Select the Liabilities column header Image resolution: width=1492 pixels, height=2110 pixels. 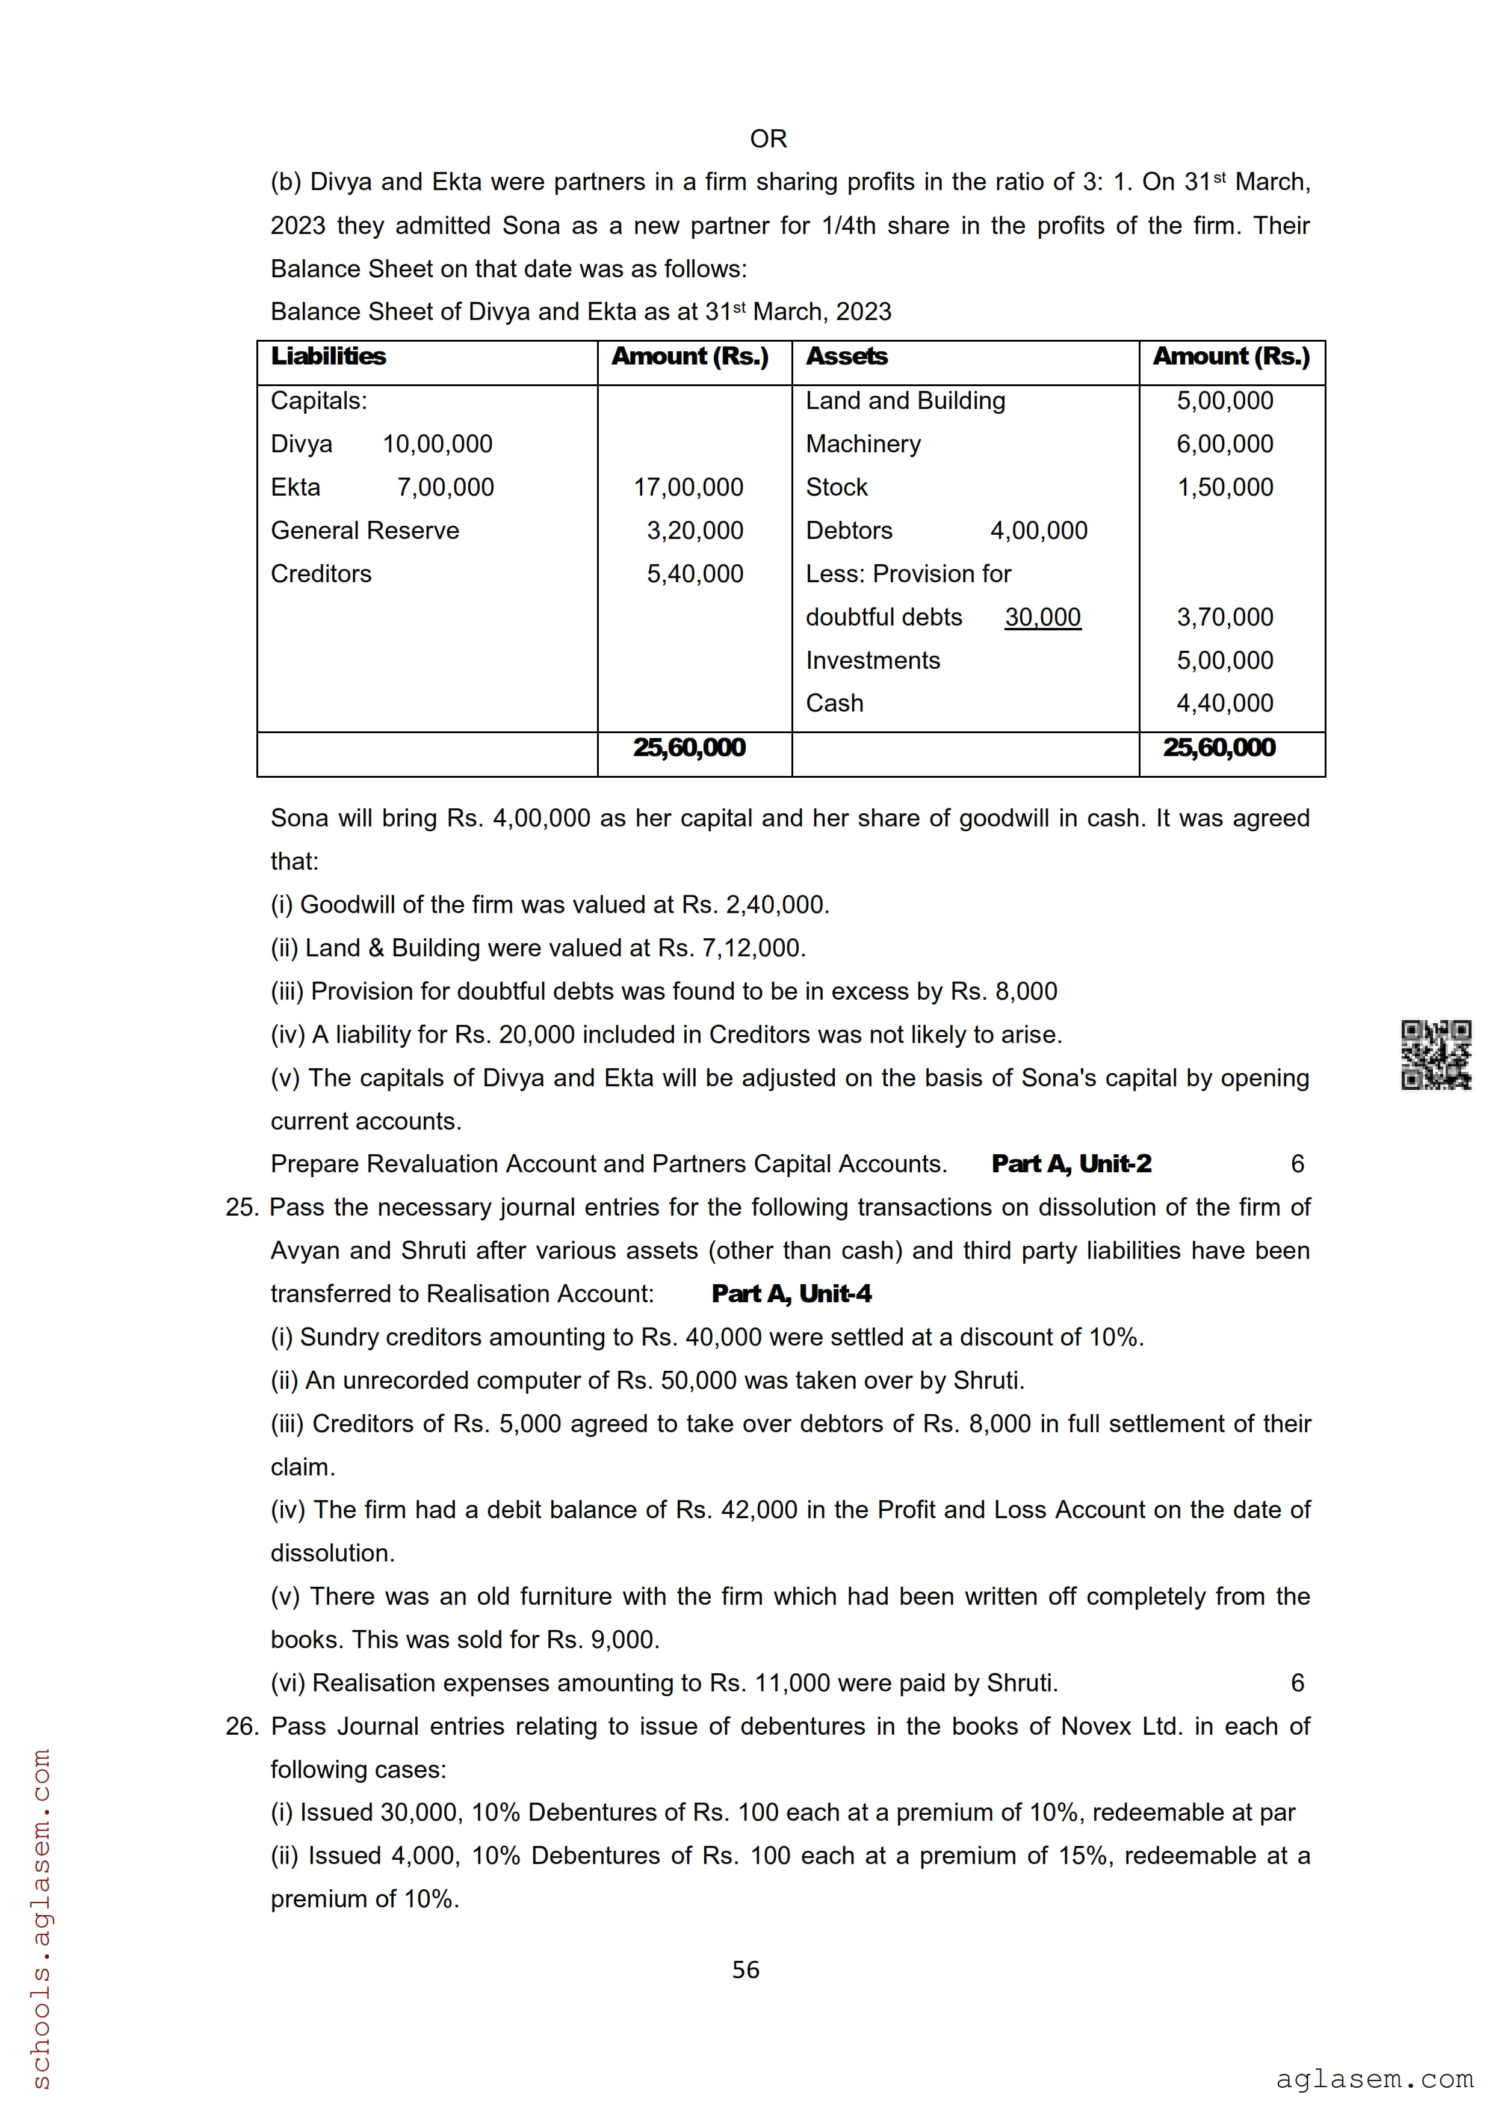[x=328, y=357]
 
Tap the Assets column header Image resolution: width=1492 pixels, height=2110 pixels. [x=847, y=357]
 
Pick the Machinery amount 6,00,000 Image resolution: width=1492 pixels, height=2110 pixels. [x=1225, y=444]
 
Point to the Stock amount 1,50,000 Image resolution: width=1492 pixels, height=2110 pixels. [x=1225, y=487]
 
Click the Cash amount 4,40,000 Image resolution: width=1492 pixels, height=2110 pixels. [x=1225, y=703]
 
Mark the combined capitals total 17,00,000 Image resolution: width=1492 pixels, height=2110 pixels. [x=688, y=487]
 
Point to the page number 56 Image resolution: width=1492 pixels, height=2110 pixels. [x=746, y=1969]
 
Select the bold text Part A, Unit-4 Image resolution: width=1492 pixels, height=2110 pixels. [x=791, y=1294]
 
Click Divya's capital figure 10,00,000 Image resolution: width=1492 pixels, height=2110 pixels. [x=438, y=444]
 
